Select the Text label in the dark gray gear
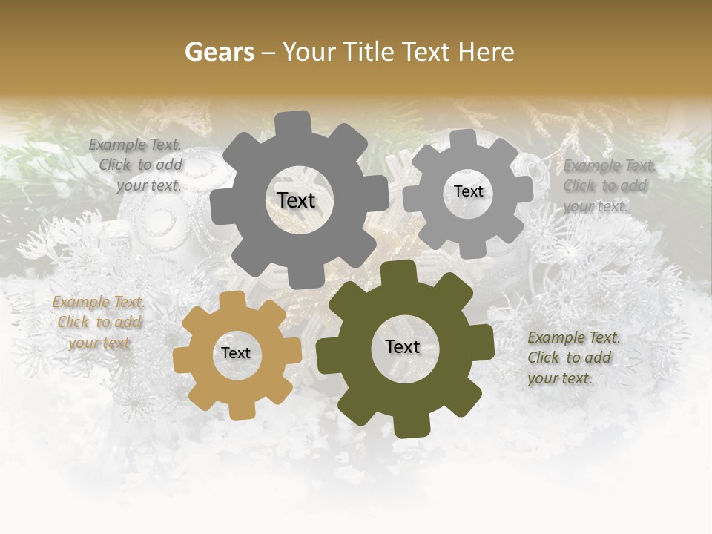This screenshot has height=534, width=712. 296,200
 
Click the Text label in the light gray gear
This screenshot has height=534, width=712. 468,191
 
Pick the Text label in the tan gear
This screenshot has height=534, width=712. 236,354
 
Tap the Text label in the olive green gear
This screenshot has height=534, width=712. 403,347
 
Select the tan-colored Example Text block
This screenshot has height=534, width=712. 98,323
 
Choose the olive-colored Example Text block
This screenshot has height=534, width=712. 572,358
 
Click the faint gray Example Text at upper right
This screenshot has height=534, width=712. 607,186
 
